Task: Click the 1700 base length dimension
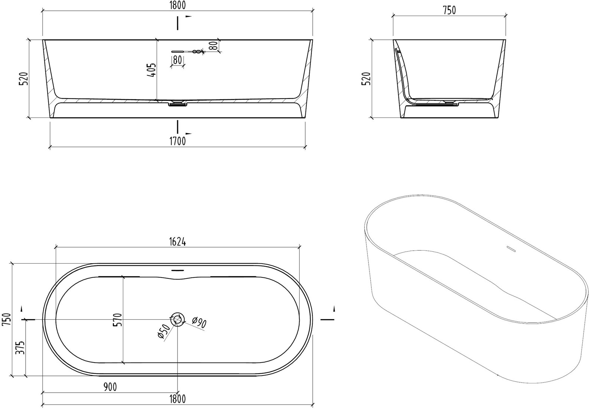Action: click(178, 141)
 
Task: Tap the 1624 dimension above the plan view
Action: click(177, 242)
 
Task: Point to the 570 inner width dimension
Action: click(118, 319)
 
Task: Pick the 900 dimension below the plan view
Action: click(110, 387)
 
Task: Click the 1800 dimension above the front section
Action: click(178, 5)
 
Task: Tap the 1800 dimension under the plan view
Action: click(178, 399)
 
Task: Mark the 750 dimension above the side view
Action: click(449, 10)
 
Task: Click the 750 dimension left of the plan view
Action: click(7, 319)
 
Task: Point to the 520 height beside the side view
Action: click(366, 78)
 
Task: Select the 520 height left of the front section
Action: click(24, 78)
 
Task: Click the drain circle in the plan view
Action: click(178, 319)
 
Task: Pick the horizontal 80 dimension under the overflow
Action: click(178, 60)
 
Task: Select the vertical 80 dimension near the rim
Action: click(215, 45)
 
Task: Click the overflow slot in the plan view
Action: click(178, 270)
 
